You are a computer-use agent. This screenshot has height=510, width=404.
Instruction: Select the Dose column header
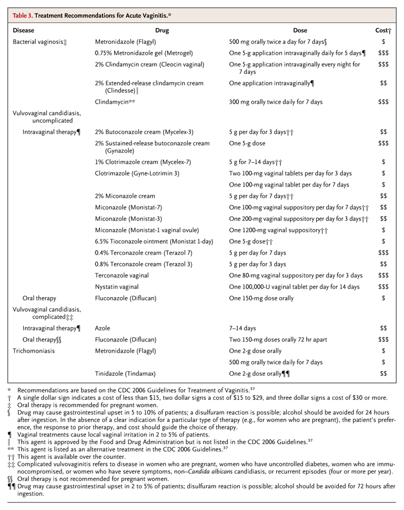pyautogui.click(x=300, y=30)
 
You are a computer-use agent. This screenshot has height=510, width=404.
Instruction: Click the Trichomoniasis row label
pyautogui.click(x=33, y=351)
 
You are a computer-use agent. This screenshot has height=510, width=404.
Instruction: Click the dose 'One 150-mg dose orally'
pyautogui.click(x=261, y=298)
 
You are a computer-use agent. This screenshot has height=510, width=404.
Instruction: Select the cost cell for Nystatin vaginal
pyautogui.click(x=383, y=287)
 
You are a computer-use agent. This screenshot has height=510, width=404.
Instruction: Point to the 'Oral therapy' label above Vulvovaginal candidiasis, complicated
pyautogui.click(x=39, y=298)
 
